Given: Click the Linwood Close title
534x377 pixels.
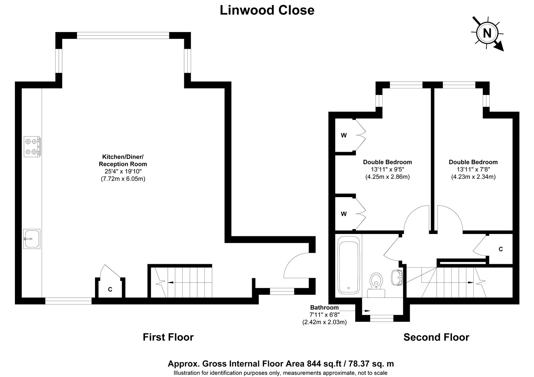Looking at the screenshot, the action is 267,10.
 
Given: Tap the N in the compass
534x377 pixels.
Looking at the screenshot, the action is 487,33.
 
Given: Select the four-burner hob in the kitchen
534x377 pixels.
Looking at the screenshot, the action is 32,146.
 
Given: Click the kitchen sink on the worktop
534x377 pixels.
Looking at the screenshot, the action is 32,239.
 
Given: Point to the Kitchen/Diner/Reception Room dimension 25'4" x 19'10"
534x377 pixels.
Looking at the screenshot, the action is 123,171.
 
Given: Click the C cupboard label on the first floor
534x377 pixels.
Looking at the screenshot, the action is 110,289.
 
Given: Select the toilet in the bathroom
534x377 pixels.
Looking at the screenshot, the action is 376,285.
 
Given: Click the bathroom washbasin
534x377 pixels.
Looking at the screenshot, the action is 397,278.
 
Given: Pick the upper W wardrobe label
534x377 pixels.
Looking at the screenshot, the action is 344,135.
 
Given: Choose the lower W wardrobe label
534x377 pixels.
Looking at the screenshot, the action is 344,214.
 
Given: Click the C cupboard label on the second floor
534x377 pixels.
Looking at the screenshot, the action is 500,249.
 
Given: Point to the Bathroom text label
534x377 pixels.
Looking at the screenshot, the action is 324,307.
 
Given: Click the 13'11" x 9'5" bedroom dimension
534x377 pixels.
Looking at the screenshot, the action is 388,169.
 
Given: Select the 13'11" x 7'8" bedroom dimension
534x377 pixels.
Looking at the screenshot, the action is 473,169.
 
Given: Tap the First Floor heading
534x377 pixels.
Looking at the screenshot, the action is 168,337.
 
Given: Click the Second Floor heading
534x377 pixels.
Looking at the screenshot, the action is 436,337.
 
